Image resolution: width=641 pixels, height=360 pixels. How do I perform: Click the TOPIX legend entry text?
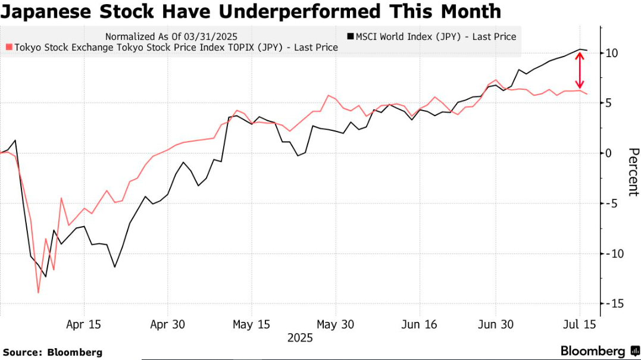point(175,47)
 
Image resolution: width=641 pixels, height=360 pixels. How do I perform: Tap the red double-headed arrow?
point(578,71)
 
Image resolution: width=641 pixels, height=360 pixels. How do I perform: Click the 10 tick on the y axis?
point(612,54)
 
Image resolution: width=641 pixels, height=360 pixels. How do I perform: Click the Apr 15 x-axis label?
point(83,324)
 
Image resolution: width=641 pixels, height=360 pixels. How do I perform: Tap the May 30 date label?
point(336,324)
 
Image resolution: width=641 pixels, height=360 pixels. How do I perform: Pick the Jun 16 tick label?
point(420,324)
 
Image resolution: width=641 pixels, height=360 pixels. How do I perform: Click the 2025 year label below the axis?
point(300,338)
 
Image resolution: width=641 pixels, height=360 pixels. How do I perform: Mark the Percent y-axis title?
point(633,171)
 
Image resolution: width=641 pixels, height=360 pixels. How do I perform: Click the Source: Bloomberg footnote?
point(52,352)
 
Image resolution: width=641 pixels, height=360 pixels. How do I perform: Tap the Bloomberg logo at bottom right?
point(599,351)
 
